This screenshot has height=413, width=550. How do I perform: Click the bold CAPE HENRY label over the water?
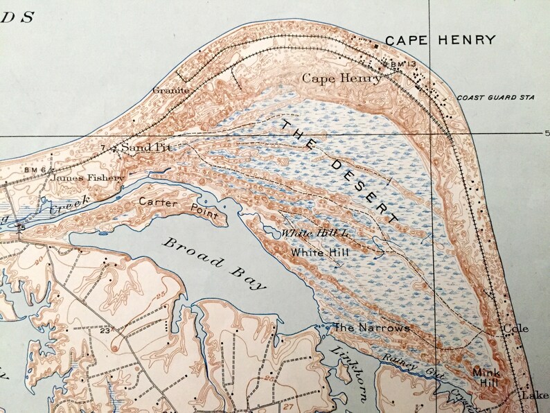coord(440,40)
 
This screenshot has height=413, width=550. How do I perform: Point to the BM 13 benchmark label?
coord(401,64)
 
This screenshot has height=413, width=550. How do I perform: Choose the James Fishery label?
coord(87,178)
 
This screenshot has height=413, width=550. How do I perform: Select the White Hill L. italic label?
coord(316,234)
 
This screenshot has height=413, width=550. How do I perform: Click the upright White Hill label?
coord(319,253)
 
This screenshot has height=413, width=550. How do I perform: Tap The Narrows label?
coord(371,327)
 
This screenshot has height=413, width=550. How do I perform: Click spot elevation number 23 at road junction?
coord(105,331)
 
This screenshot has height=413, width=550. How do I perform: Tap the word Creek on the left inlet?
coord(68,202)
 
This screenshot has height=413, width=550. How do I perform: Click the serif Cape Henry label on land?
coord(341,79)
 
